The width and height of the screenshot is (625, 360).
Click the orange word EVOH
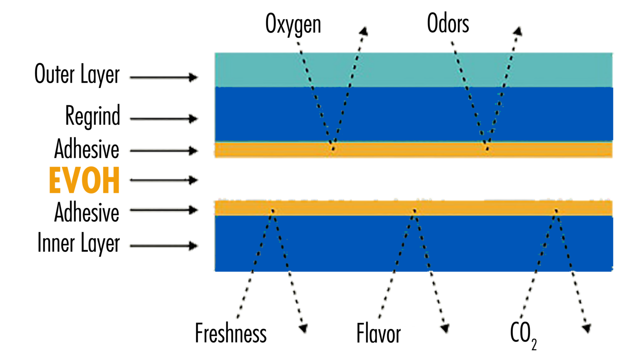tap(84, 180)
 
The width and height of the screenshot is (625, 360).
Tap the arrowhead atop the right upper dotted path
tap(517, 33)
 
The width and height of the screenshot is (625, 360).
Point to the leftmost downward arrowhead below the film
tap(303, 327)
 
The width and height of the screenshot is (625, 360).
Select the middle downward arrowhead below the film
tap(444, 327)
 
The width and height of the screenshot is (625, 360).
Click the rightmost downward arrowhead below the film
tap(586, 327)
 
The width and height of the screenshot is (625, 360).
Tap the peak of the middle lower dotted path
tap(414, 211)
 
